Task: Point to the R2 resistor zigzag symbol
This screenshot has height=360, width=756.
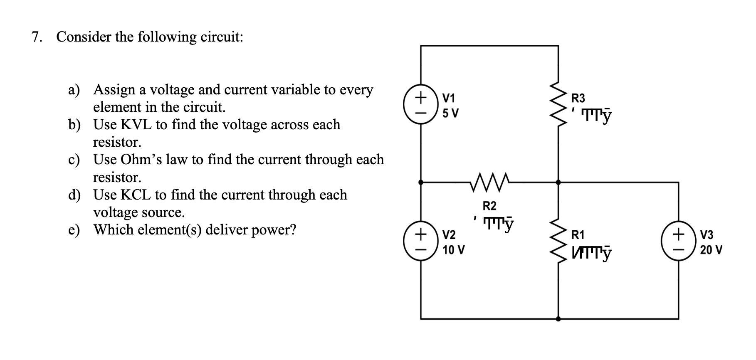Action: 489,182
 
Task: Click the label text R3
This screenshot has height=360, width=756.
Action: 578,99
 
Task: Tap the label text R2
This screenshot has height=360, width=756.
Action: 489,206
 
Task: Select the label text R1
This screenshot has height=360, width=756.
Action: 578,235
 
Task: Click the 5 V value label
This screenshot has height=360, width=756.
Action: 450,113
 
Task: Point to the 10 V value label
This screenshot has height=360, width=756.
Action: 453,250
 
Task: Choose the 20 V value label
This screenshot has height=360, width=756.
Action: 711,250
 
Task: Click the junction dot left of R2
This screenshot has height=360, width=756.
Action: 421,182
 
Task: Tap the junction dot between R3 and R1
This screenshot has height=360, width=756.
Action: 558,182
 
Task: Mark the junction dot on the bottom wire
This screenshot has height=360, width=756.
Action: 558,319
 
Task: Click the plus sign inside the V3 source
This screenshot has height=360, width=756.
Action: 678,235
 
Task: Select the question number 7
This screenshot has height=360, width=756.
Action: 37,37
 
